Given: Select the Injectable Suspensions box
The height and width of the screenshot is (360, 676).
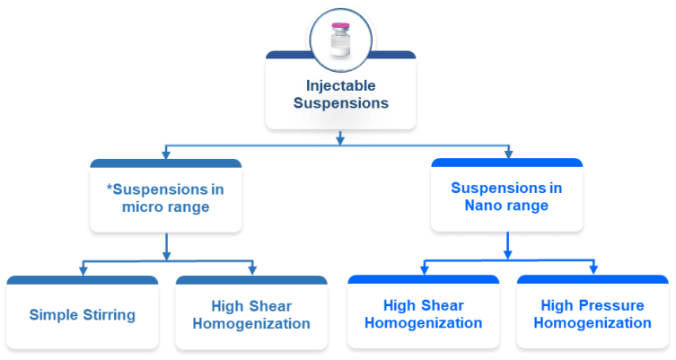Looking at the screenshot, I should (340, 92).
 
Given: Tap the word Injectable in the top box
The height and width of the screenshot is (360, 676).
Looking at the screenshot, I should (340, 85).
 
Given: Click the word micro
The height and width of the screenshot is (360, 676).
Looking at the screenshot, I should (129, 207).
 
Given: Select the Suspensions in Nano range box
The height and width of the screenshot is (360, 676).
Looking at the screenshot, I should (506, 197).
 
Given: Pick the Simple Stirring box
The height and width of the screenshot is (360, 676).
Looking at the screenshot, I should (82, 314).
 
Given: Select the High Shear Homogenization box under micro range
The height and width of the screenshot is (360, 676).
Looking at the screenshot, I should (251, 314).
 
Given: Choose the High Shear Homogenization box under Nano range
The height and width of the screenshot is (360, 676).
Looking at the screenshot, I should (423, 313).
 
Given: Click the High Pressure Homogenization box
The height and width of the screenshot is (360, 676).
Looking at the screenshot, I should (593, 313).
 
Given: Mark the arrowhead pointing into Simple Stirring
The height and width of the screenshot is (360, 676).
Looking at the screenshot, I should (83, 270).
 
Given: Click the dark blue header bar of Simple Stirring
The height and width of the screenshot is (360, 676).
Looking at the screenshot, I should (82, 281).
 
